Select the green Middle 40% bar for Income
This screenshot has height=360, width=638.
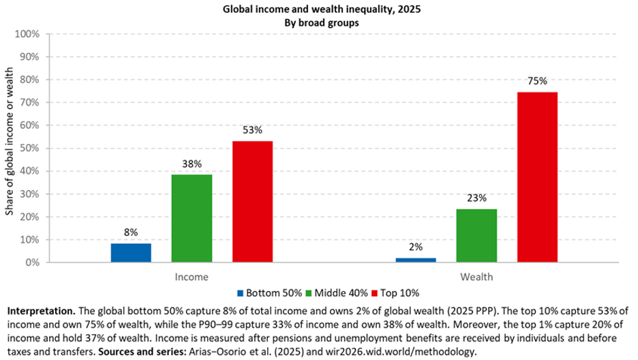click(192, 218)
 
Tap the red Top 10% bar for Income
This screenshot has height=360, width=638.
click(252, 202)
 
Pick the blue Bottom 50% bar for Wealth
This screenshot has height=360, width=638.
click(415, 260)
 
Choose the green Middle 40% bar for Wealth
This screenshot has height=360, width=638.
click(476, 235)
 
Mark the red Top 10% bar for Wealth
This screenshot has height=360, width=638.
click(537, 177)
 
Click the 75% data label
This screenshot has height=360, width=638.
click(537, 81)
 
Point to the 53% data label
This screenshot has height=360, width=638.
click(252, 130)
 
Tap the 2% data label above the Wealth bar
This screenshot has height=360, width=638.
click(415, 247)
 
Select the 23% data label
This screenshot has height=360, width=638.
click(476, 198)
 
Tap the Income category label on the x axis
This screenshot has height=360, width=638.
click(192, 277)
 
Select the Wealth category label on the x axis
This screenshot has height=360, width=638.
click(476, 277)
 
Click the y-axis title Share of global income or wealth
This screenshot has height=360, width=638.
click(10, 148)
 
